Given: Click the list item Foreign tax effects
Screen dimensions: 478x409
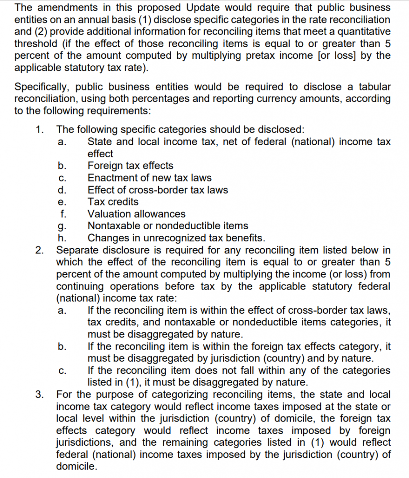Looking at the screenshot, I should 130,166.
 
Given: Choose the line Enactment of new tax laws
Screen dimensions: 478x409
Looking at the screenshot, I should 149,178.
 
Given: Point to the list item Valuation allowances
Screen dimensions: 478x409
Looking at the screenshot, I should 136,214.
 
